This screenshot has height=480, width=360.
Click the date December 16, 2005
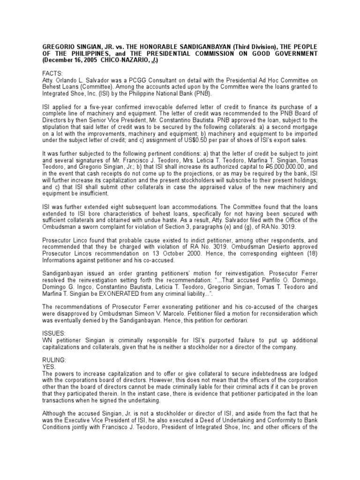click(71, 60)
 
